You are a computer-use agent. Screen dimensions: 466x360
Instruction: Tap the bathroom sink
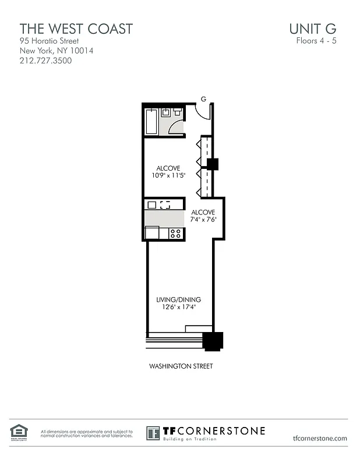[x=166, y=112]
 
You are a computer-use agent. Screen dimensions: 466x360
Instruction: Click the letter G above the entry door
[x=204, y=99]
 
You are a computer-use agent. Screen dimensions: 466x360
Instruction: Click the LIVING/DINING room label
[x=178, y=299]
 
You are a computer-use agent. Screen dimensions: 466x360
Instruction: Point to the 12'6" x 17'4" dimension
[x=178, y=307]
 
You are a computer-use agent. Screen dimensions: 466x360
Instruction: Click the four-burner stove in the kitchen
[x=175, y=234]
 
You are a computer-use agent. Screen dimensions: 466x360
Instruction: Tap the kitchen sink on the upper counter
[x=165, y=204]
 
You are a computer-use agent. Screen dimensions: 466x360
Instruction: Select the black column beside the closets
[x=213, y=164]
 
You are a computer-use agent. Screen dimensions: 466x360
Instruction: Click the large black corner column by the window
[x=213, y=341]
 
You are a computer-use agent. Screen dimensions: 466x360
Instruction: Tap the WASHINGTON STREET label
[x=181, y=366]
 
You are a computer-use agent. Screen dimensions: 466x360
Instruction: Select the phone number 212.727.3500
[x=46, y=60]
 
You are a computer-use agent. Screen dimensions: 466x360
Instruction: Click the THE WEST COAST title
[x=76, y=28]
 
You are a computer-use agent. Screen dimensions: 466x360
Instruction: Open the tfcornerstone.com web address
[x=320, y=439]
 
